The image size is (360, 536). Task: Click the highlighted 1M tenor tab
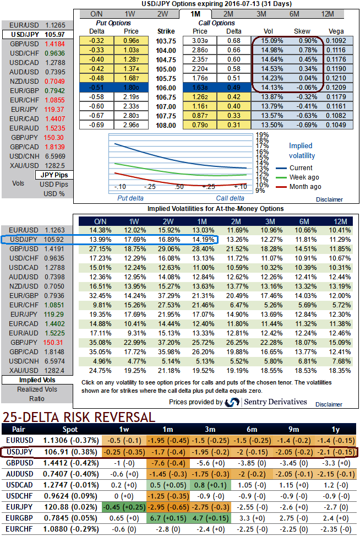pyautogui.click(x=195, y=14)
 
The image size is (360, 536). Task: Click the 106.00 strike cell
pyautogui.click(x=165, y=87)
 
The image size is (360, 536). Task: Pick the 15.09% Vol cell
pyautogui.click(x=274, y=40)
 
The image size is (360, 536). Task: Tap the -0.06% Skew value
pyautogui.click(x=304, y=87)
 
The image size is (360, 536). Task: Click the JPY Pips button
pyautogui.click(x=53, y=175)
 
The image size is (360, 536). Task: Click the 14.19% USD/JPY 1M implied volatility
pyautogui.click(x=200, y=240)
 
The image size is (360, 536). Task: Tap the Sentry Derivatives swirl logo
pyautogui.click(x=232, y=403)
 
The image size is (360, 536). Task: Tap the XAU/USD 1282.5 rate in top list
pyautogui.click(x=55, y=165)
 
